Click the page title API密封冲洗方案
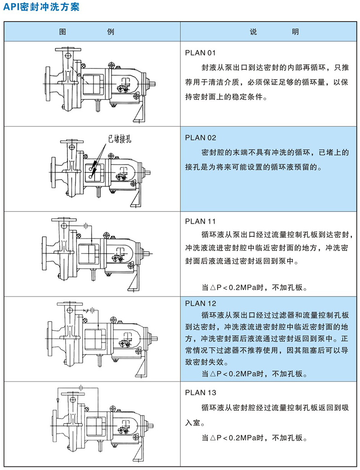click(41, 7)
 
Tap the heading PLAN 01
click(200, 53)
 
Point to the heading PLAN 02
click(200, 138)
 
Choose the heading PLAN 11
click(200, 221)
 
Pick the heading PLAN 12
click(200, 303)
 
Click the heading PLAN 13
click(200, 393)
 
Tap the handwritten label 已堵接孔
click(120, 140)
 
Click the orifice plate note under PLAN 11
click(254, 288)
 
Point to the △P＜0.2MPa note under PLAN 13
click(254, 438)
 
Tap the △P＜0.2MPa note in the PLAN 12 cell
click(254, 374)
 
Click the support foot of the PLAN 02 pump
click(135, 196)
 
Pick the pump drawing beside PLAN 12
click(102, 339)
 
